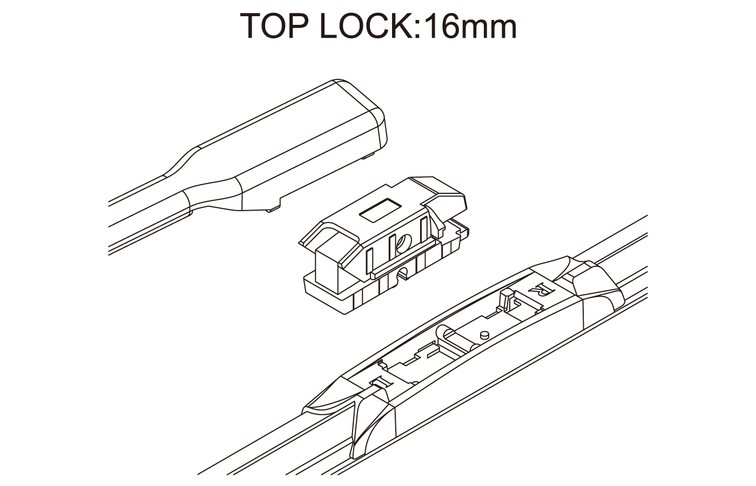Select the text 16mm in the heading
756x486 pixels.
[470, 26]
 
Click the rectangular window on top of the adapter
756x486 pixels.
[380, 210]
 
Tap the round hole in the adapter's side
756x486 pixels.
[404, 242]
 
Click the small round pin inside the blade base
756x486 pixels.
[484, 334]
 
